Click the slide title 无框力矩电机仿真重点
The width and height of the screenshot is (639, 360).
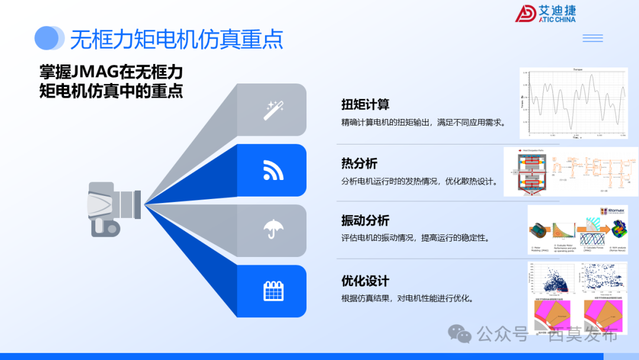(x=176, y=39)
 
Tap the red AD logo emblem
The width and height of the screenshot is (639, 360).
(x=525, y=13)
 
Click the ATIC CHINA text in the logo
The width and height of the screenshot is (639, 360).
(x=557, y=19)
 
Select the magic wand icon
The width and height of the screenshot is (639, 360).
(x=273, y=110)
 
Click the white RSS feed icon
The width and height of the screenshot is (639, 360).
(x=273, y=171)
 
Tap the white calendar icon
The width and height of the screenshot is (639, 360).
(x=273, y=291)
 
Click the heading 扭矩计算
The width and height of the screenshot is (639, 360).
(x=365, y=105)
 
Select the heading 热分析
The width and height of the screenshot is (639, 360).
(x=359, y=163)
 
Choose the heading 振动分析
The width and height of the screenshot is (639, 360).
(x=365, y=221)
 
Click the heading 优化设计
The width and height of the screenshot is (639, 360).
(x=365, y=281)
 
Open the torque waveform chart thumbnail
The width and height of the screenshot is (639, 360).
(x=573, y=103)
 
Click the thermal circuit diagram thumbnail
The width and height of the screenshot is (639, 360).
(x=570, y=172)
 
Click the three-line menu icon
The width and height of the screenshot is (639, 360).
(x=592, y=38)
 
